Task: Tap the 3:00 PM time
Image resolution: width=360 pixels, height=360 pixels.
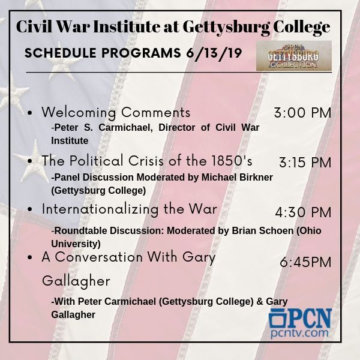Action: (x=302, y=113)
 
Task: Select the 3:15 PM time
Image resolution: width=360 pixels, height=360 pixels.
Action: (x=305, y=163)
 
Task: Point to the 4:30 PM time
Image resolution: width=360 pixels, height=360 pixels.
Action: (x=303, y=212)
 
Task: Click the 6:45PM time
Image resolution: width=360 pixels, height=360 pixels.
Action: (x=305, y=262)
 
